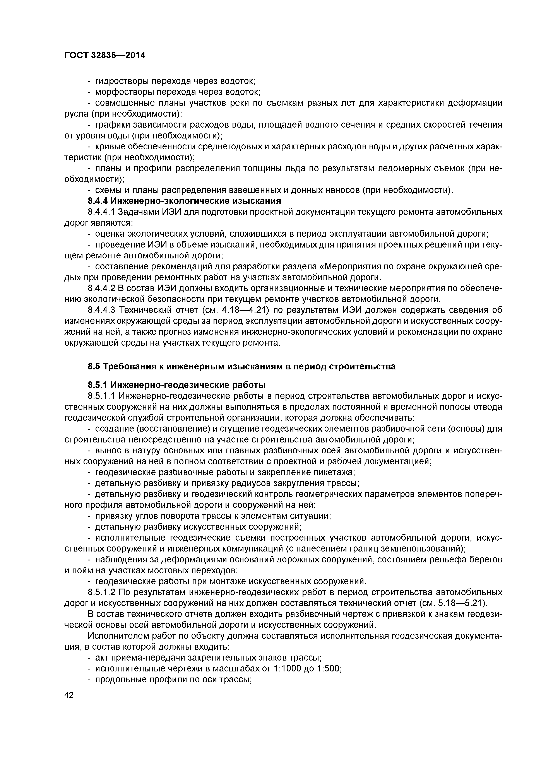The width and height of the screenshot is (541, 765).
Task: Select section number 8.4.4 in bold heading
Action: (98, 201)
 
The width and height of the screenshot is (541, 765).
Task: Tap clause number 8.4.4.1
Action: (101, 212)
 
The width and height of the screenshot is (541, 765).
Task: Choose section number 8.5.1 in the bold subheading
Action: (98, 385)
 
